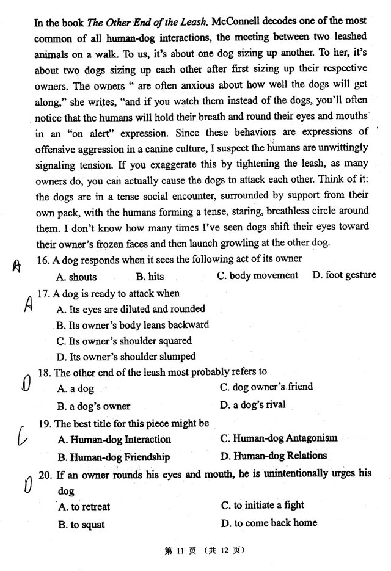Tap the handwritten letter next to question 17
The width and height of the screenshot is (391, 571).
tap(27, 304)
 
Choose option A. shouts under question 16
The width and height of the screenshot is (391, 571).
tap(76, 277)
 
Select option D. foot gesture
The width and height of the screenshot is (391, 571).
tap(344, 275)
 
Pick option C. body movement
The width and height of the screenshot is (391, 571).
tap(257, 275)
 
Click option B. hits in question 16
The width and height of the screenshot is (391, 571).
tap(150, 277)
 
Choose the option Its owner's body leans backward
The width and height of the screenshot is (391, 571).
tap(132, 325)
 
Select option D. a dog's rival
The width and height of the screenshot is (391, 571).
tap(252, 404)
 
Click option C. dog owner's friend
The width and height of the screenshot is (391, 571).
tap(266, 387)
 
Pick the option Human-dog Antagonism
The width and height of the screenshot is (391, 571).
tap(279, 438)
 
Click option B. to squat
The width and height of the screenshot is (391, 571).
tap(81, 524)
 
